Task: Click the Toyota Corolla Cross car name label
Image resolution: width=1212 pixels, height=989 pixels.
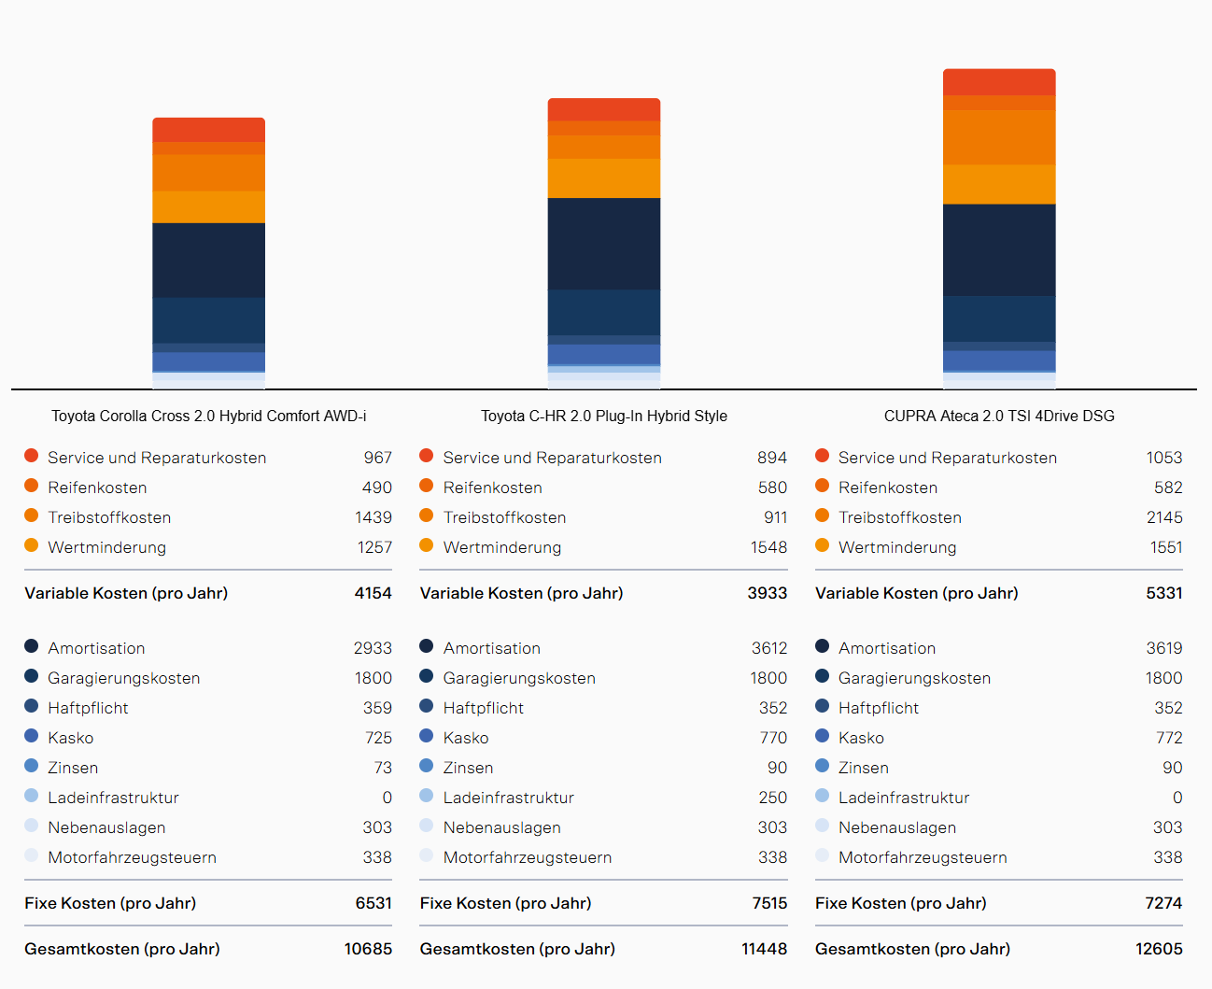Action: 208,416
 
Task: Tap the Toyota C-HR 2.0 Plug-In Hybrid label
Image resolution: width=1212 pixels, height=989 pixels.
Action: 603,416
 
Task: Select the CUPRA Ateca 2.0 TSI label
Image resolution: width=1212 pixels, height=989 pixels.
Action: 999,416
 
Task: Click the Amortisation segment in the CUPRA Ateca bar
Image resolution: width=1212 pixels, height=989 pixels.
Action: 999,249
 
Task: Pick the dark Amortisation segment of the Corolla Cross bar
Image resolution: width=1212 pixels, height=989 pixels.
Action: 208,260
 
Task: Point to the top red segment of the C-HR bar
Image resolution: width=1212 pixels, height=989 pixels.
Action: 603,109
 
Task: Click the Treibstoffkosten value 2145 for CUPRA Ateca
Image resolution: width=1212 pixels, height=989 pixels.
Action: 1163,517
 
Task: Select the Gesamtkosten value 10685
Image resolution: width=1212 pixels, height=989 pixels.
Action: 368,949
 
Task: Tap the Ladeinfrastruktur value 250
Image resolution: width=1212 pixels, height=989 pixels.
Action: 772,798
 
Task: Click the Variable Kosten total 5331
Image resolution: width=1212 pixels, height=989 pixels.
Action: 1163,593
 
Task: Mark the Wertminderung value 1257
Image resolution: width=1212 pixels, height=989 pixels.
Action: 374,547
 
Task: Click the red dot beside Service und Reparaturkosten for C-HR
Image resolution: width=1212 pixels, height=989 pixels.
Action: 427,456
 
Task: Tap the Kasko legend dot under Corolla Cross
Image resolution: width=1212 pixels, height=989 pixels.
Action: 32,736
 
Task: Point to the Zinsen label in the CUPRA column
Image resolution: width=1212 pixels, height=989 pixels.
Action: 863,768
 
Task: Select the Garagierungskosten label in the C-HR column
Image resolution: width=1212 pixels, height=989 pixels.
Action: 519,678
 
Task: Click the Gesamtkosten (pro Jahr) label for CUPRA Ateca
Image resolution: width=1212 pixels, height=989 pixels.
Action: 912,949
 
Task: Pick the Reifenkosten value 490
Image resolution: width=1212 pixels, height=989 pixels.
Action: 376,487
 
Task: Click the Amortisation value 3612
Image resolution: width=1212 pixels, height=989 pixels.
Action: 768,648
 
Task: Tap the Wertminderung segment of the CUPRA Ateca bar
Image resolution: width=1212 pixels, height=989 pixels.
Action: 999,184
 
